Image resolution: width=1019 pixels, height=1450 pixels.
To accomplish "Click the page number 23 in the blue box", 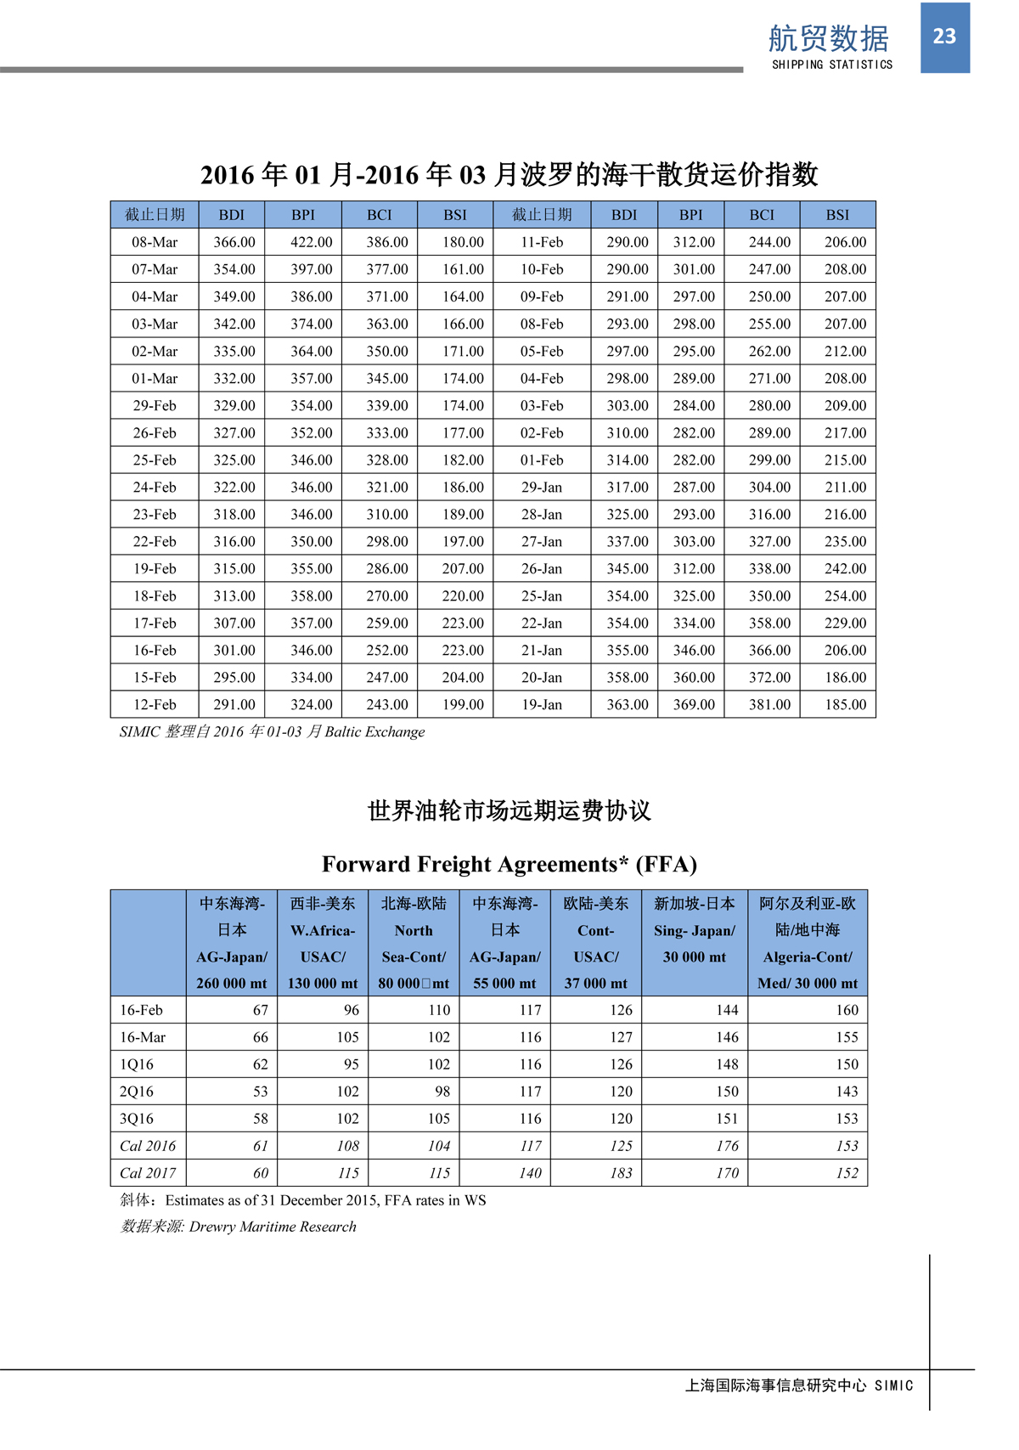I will coord(944,37).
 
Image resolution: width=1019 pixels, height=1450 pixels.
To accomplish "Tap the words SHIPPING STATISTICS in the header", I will coord(831,65).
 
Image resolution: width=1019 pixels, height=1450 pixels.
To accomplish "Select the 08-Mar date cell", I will coord(155,242).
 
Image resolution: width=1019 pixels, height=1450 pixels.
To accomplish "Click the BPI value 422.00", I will coord(311,242).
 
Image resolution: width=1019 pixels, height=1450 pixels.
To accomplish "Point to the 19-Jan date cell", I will coord(541,704).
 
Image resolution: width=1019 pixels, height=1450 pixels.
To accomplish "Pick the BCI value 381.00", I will coord(768,704).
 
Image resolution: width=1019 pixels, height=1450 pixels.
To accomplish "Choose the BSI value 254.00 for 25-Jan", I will coord(845,595).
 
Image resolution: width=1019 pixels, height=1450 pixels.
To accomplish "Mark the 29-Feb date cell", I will coord(155,405).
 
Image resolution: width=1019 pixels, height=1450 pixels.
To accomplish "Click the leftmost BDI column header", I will coord(231,215).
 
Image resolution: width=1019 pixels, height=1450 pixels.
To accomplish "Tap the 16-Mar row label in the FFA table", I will coord(143,1037).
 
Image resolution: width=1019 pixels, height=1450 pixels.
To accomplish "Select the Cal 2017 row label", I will coord(148,1173).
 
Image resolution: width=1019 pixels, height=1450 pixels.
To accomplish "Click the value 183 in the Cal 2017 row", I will coord(621,1173).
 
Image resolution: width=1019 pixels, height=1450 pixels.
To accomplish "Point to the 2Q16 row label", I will coord(137,1092).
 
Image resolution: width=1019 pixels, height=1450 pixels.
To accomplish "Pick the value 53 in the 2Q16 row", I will coord(260,1092).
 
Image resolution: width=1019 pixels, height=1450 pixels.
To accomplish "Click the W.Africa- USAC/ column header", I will coord(323,943).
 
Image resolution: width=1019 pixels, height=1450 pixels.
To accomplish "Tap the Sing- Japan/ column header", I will coord(695,931).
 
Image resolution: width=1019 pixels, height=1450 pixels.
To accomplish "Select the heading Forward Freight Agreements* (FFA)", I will coord(509,864).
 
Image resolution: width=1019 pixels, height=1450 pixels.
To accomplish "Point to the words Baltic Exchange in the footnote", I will coord(374,731).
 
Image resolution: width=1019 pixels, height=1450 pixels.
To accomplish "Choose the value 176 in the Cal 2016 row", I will coord(727,1146).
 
